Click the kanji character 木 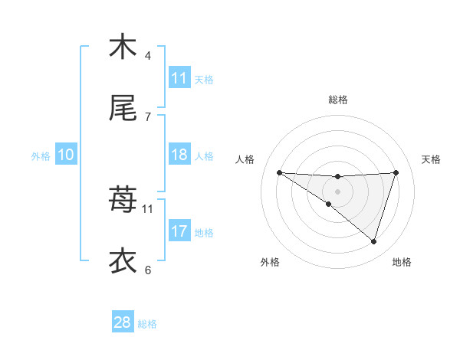click(123, 47)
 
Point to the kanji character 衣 click(123, 261)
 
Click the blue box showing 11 click(179, 78)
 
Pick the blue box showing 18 click(179, 155)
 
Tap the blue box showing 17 click(179, 231)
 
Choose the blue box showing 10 click(66, 155)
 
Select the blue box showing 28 click(123, 322)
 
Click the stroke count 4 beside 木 click(148, 56)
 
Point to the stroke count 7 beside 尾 click(148, 117)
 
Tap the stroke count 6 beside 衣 click(148, 270)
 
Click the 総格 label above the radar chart click(338, 100)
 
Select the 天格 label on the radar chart click(432, 159)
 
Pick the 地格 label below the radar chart click(402, 263)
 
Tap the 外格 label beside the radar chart click(270, 263)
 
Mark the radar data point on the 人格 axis click(279, 172)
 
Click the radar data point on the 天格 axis click(396, 172)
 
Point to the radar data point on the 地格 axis click(374, 241)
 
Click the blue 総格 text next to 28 click(147, 324)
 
